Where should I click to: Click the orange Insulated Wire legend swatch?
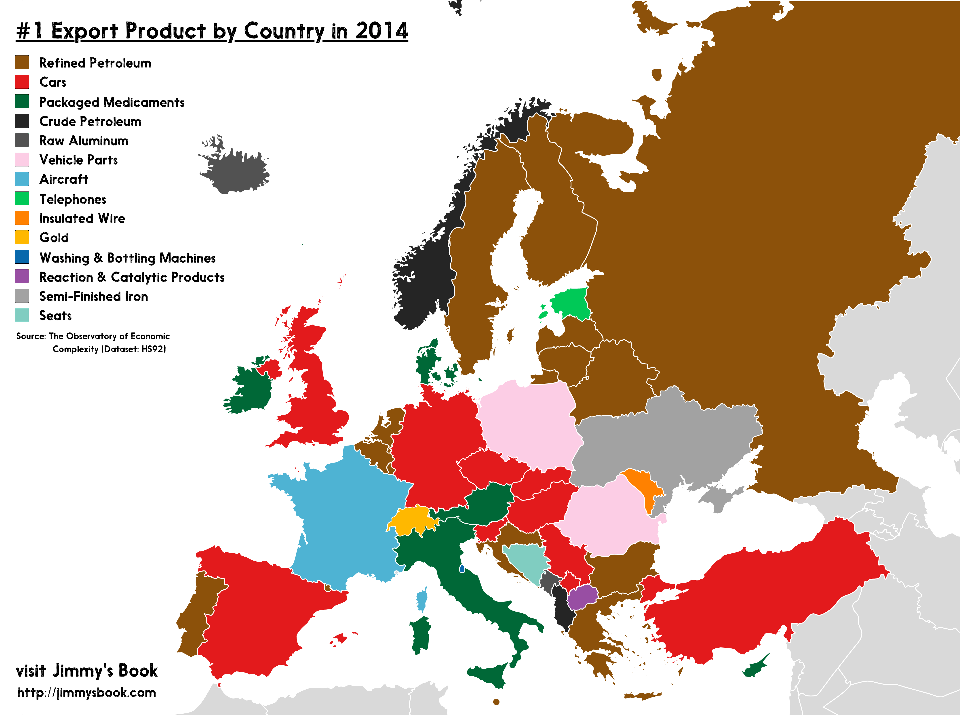(x=22, y=218)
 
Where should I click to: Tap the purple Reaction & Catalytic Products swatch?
(x=22, y=276)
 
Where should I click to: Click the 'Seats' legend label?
(x=55, y=315)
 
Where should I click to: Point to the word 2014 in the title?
(x=381, y=31)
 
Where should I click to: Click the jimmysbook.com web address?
(x=86, y=692)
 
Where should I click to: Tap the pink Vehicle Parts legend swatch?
(x=22, y=159)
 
